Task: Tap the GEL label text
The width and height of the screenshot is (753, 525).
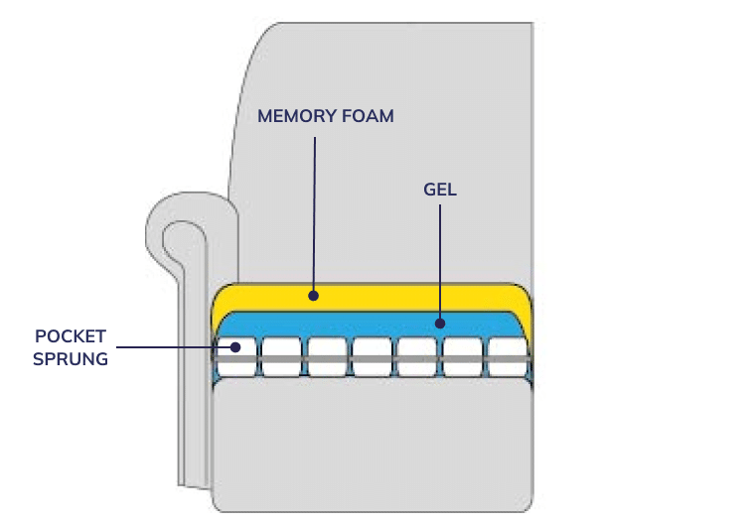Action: click(x=440, y=189)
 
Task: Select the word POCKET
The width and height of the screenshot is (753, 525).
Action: click(x=70, y=336)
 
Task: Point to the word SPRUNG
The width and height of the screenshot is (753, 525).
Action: click(x=70, y=358)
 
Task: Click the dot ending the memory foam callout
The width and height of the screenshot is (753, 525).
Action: click(x=313, y=295)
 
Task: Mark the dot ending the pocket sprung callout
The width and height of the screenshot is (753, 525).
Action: click(x=235, y=347)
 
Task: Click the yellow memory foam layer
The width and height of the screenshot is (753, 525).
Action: click(x=397, y=296)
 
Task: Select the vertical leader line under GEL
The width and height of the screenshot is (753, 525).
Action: click(x=440, y=258)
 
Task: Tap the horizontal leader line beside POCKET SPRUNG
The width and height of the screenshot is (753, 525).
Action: click(x=169, y=347)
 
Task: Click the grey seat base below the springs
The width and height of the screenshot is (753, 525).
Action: click(x=373, y=437)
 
